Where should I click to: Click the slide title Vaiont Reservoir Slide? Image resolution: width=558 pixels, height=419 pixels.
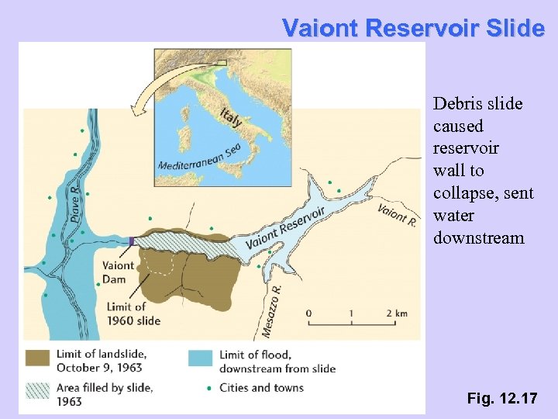pyautogui.click(x=414, y=28)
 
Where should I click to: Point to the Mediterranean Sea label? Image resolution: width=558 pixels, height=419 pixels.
pyautogui.click(x=199, y=158)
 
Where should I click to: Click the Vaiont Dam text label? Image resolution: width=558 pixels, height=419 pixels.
pyautogui.click(x=118, y=272)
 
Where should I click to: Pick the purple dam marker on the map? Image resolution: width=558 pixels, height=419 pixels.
pyautogui.click(x=132, y=241)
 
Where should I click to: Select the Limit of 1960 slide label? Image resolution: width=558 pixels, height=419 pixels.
pyautogui.click(x=131, y=314)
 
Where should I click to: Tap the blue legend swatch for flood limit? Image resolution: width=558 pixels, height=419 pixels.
pyautogui.click(x=200, y=358)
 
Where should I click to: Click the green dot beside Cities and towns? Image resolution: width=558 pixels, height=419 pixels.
pyautogui.click(x=209, y=387)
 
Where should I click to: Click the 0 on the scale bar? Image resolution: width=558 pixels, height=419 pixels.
pyautogui.click(x=309, y=313)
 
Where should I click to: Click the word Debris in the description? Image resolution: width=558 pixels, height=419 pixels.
pyautogui.click(x=457, y=104)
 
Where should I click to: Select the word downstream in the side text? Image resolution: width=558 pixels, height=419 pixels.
pyautogui.click(x=478, y=237)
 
